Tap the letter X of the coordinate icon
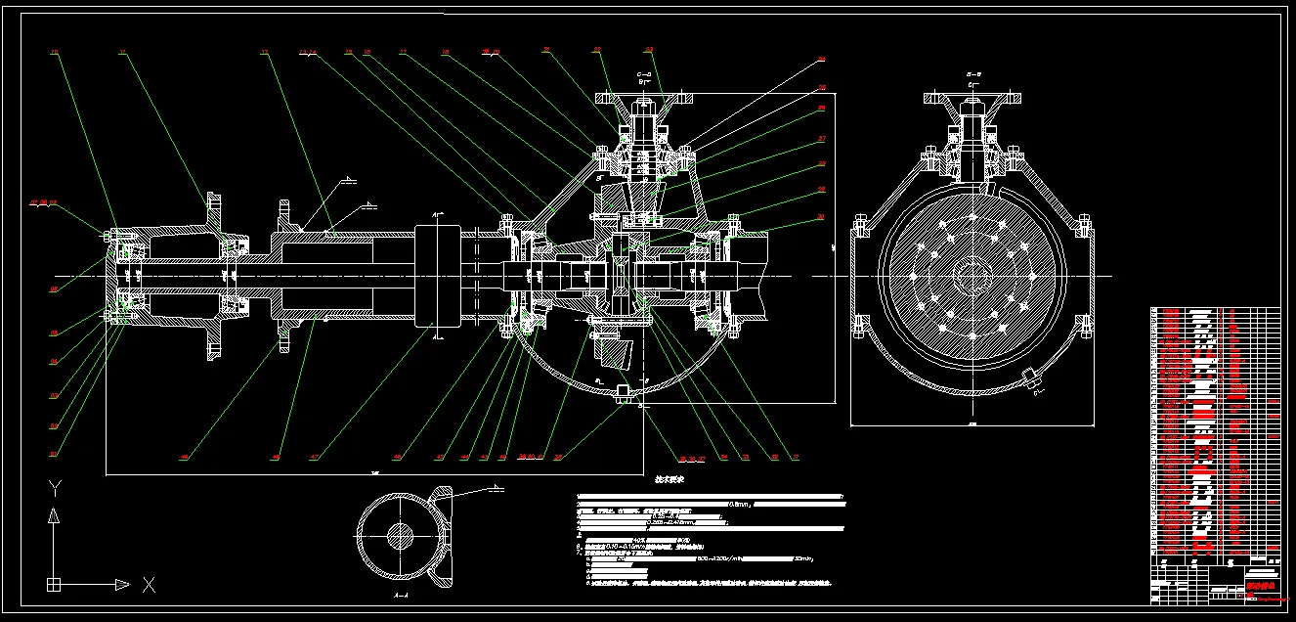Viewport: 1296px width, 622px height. tap(150, 585)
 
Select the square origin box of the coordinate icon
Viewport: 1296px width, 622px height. tap(55, 585)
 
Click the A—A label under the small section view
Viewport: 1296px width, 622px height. tap(400, 595)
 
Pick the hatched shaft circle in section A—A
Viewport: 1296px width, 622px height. tap(400, 535)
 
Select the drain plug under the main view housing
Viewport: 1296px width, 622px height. tap(623, 393)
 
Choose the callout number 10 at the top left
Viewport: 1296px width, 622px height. tap(55, 51)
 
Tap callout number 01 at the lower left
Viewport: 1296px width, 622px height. tap(55, 454)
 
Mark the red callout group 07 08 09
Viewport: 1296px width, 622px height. tap(44, 202)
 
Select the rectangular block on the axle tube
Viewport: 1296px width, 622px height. tap(437, 276)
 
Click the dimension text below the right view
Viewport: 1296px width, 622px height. tap(972, 425)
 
